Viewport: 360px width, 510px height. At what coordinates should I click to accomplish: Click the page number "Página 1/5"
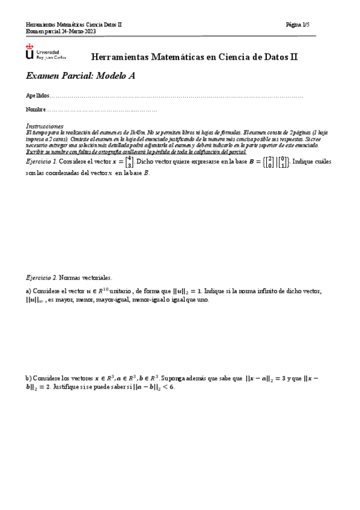pyautogui.click(x=298, y=25)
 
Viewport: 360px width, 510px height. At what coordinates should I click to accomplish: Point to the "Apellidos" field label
pyautogui.click(x=36, y=96)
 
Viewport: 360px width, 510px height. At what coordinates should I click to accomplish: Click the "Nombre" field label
pyautogui.click(x=35, y=109)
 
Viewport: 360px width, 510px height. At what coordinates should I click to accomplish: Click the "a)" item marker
pyautogui.click(x=28, y=291)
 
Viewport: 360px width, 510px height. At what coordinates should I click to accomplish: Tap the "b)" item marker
pyautogui.click(x=28, y=378)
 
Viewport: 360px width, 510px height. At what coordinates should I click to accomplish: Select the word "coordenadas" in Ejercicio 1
pyautogui.click(x=63, y=173)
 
